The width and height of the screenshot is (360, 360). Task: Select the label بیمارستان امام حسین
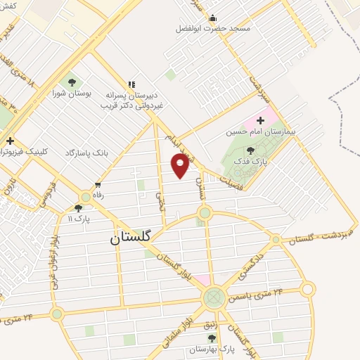pos(261,131)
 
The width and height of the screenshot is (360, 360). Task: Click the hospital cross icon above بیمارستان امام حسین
pos(261,120)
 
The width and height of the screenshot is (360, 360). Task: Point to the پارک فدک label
pos(252,161)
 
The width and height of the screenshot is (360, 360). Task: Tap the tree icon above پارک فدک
pos(252,150)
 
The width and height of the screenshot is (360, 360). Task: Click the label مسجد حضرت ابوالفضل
pos(213,29)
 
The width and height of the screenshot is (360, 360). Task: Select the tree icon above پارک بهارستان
pos(212,338)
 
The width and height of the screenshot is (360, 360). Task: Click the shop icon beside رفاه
pos(86,195)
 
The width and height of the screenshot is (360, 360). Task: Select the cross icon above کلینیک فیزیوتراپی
pos(10,141)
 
